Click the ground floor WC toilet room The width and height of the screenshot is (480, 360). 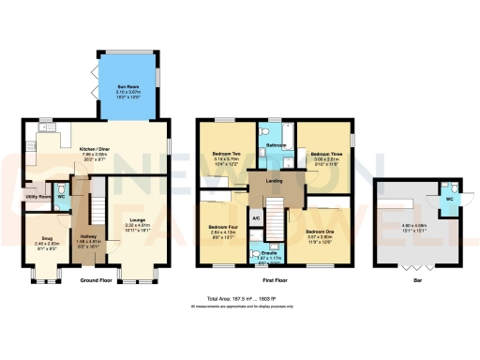coord(61,197)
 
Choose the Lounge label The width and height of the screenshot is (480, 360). coord(138,221)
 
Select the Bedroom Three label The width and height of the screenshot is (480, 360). coord(324,155)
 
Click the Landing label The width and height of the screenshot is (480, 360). coord(275,183)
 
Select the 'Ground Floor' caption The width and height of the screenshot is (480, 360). coord(97,280)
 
